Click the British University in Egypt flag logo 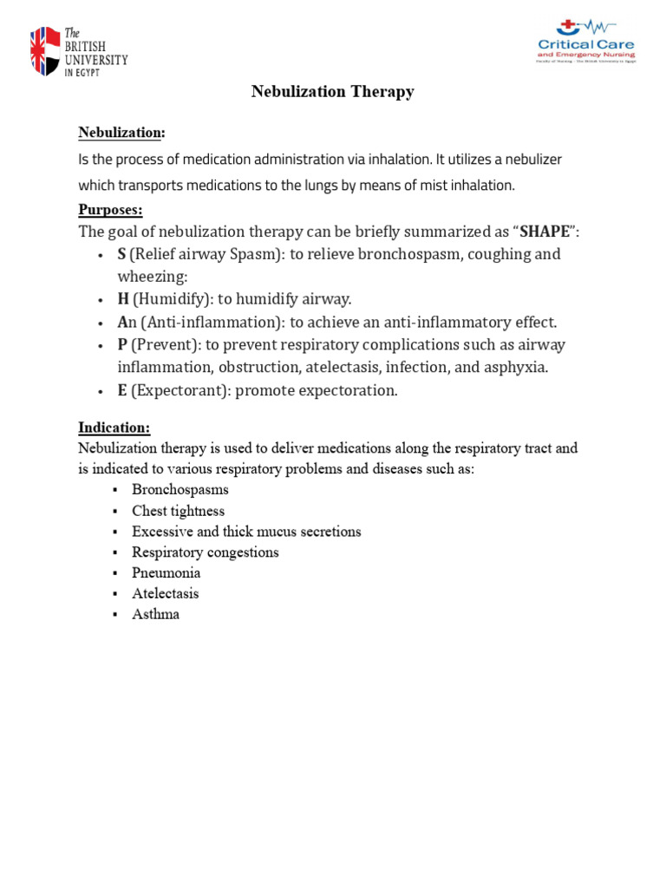[46, 52]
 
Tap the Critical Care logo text [585, 45]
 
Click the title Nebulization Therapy [332, 92]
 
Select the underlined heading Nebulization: [121, 133]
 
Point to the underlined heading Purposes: [110, 210]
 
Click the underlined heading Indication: [114, 428]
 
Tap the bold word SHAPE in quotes [544, 232]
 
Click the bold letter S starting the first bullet [122, 254]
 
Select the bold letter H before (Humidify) [123, 299]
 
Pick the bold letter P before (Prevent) [122, 344]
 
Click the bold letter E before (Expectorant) [122, 390]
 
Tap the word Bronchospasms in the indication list [180, 490]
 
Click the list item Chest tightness [178, 511]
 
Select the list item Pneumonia [166, 573]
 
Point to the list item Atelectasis [165, 594]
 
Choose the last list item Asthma [155, 615]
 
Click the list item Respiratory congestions [206, 552]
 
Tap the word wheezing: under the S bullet [153, 277]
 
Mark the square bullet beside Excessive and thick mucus [114, 532]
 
